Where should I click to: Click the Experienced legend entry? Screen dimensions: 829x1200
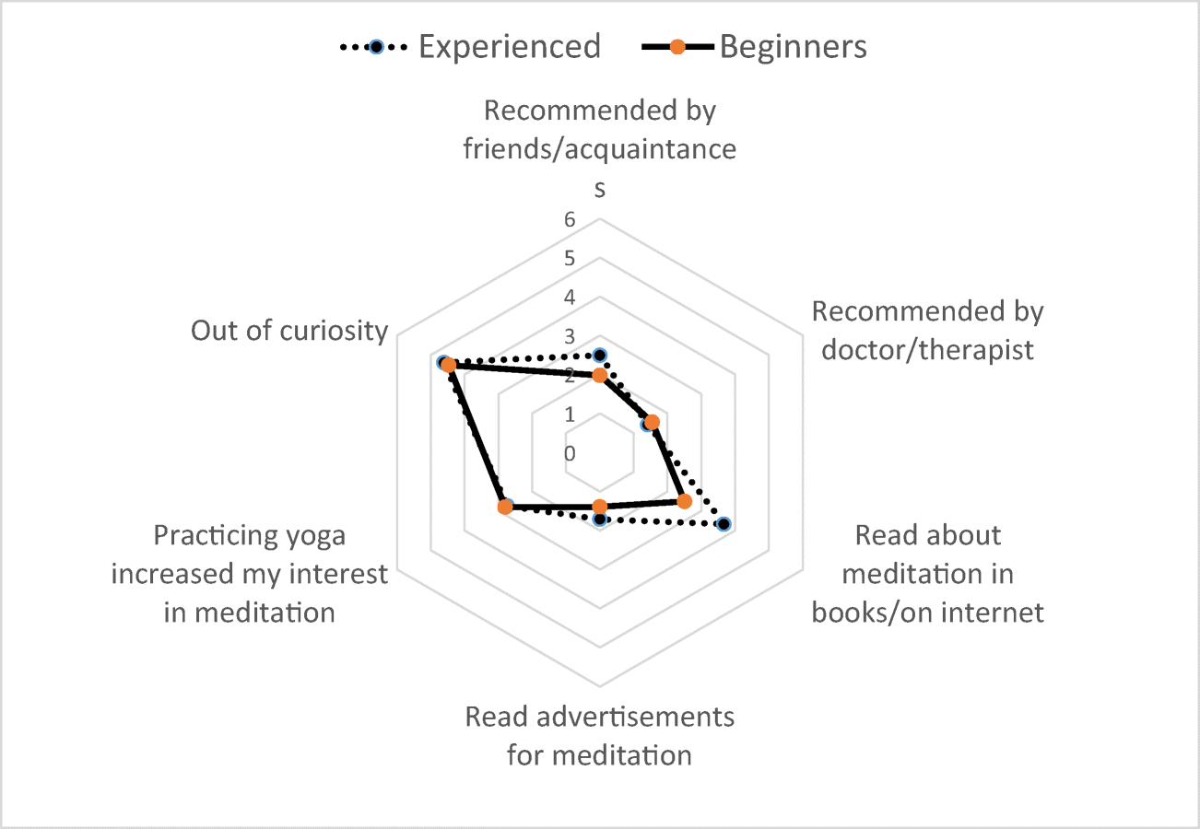470,45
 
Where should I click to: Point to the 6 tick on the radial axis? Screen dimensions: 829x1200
570,219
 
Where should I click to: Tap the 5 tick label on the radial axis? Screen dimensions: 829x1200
570,258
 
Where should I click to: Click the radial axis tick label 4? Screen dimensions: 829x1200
570,298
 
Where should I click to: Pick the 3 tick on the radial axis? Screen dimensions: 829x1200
570,336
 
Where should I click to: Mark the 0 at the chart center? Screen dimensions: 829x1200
570,453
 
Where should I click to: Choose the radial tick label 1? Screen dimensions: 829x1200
570,414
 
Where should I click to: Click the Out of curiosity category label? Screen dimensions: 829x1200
289,331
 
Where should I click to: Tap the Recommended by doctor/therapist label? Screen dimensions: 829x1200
927,331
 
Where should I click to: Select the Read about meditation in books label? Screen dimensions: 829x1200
927,573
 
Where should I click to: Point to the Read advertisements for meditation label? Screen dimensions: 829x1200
600,736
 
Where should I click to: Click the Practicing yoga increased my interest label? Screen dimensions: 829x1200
250,573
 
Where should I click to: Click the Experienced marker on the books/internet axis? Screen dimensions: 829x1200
724,524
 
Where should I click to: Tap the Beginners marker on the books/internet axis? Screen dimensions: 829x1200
684,501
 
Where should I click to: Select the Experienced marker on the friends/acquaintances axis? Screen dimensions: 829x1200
600,355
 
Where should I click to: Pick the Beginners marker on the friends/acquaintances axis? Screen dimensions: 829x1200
600,375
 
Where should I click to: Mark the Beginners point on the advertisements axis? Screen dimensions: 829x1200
600,507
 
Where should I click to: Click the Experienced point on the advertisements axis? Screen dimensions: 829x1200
600,520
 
